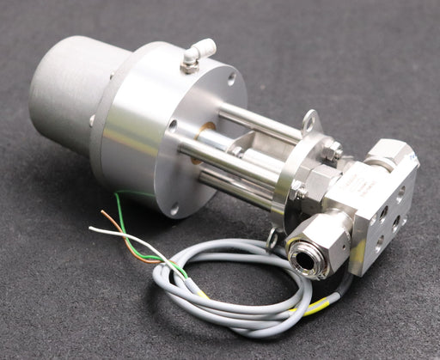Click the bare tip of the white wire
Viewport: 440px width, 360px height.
coord(92,229)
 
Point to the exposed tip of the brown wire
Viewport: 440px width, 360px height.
coord(102,212)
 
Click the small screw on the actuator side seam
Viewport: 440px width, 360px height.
coord(92,120)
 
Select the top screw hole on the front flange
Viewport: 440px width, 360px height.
coord(231,79)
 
